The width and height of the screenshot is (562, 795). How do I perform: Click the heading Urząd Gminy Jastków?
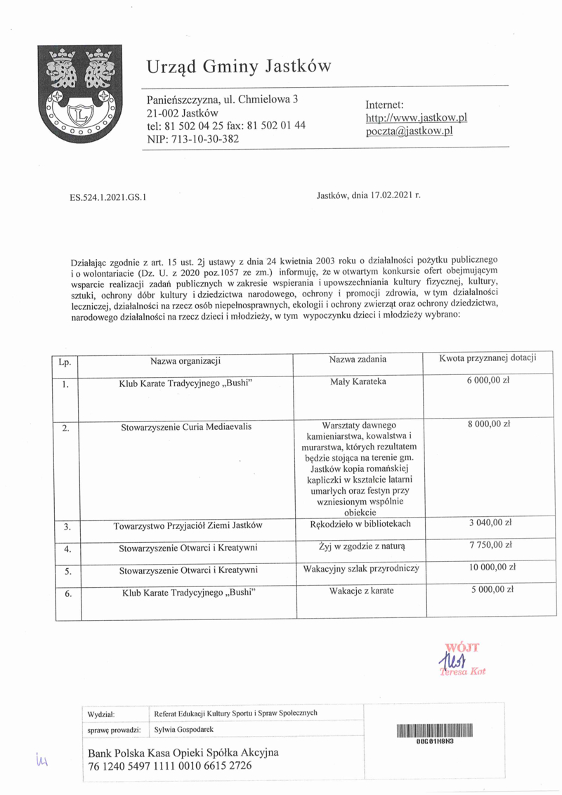click(239, 67)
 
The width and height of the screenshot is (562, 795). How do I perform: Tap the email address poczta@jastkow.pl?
click(410, 131)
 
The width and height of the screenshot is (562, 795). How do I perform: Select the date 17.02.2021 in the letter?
click(386, 197)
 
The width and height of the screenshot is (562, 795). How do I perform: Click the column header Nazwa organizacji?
click(185, 361)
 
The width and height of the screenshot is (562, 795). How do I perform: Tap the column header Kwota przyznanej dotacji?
click(488, 358)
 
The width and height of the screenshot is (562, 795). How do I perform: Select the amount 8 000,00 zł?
click(490, 425)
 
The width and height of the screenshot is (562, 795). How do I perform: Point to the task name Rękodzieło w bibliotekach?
click(360, 524)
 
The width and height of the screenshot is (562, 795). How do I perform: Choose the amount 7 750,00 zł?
click(490, 545)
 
